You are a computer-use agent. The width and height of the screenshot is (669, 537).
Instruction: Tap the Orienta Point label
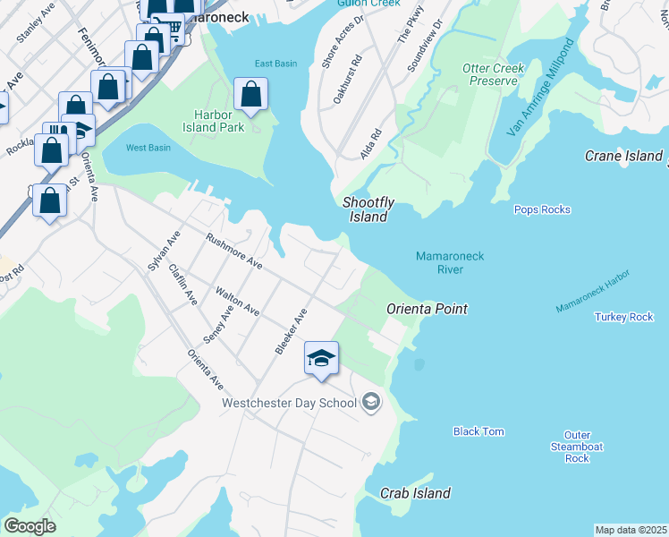click(x=427, y=309)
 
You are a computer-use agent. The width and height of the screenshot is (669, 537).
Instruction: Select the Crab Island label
click(x=415, y=493)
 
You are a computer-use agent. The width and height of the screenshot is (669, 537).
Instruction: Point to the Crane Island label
click(x=623, y=156)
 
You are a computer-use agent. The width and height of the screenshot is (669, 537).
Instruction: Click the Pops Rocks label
click(x=542, y=209)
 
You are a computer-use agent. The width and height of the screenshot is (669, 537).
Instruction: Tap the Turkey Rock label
click(x=623, y=317)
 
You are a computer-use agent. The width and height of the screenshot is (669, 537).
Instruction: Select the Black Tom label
click(x=478, y=431)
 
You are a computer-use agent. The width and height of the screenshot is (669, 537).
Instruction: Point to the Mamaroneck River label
click(x=450, y=263)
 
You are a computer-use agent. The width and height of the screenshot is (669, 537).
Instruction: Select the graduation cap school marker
click(x=321, y=359)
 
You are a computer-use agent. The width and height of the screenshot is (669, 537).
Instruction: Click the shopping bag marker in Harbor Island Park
click(x=251, y=94)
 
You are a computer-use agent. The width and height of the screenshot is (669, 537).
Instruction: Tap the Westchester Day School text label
click(x=289, y=403)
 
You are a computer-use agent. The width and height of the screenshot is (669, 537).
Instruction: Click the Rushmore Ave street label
click(x=233, y=251)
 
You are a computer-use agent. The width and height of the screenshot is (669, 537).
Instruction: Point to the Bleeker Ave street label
click(x=292, y=331)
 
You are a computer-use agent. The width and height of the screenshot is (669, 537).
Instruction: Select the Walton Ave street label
click(x=238, y=302)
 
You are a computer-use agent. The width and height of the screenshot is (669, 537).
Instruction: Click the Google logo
click(x=30, y=525)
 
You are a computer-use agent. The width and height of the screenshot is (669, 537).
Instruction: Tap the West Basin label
click(x=148, y=148)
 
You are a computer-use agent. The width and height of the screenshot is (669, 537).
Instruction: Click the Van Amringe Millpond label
click(x=539, y=98)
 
